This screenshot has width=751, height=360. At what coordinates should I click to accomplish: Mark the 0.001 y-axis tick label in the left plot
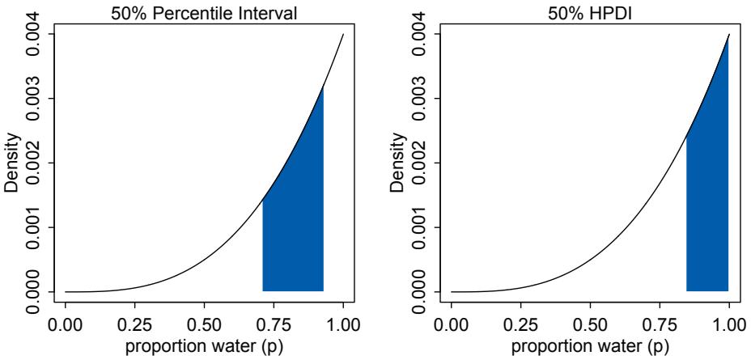pyautogui.click(x=32, y=227)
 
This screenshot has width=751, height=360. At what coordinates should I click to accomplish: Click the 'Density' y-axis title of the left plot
pyautogui.click(x=11, y=163)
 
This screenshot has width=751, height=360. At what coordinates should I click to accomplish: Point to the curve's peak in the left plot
pyautogui.click(x=343, y=35)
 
